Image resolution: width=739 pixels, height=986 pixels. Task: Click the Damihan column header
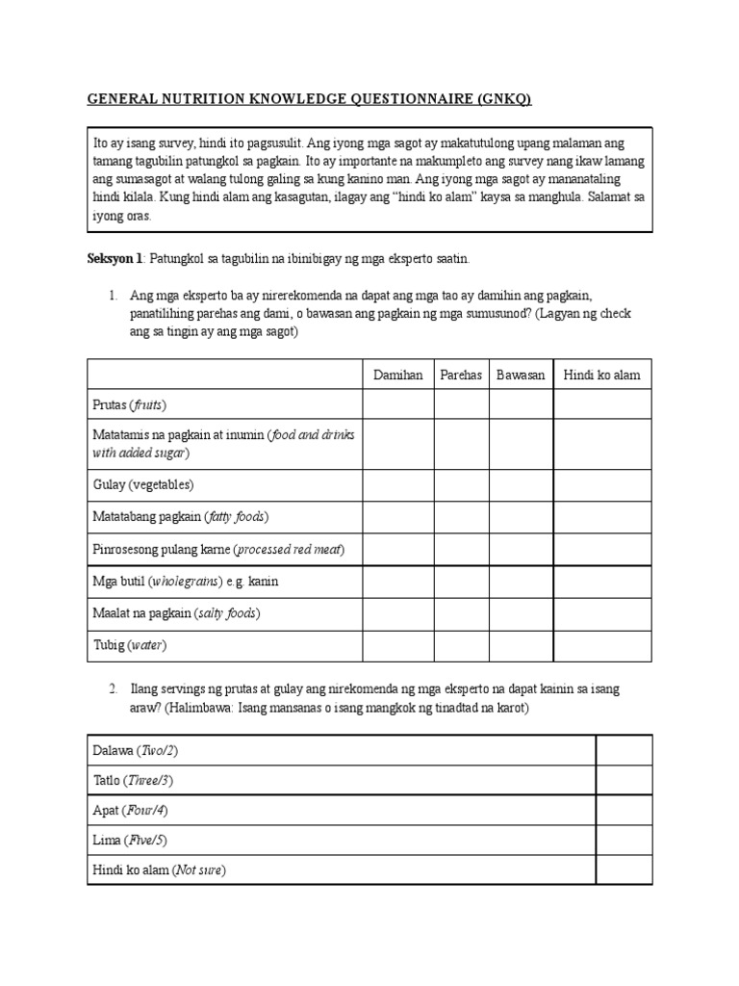pos(397,375)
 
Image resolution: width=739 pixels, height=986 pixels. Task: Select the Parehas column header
pos(461,375)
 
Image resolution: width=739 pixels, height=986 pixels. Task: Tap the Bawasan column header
pos(521,375)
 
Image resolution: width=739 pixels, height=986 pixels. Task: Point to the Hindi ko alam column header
pos(601,375)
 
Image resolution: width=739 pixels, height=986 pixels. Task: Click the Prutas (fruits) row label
pos(136,404)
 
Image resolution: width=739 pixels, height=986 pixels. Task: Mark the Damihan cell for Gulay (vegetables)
pos(397,484)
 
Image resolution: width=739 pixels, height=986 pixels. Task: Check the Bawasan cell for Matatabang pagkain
pos(521,517)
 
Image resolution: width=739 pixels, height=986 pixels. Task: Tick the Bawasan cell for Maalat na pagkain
pos(521,613)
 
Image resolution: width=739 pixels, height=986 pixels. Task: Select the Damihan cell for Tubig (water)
pos(397,645)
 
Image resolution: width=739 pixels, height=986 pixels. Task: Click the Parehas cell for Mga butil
pos(461,582)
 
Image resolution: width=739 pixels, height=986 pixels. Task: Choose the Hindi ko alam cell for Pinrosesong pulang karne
pos(601,550)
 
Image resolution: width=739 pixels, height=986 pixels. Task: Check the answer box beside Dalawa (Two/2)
pos(624,750)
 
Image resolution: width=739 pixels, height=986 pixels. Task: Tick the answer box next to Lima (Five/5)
pos(624,841)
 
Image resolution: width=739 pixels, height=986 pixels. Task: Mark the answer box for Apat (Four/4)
pos(624,811)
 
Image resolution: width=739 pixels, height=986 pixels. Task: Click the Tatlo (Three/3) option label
pos(133,780)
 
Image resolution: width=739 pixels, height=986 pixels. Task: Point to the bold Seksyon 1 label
pos(115,260)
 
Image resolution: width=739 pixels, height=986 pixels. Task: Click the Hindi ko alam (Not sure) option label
pos(159,870)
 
